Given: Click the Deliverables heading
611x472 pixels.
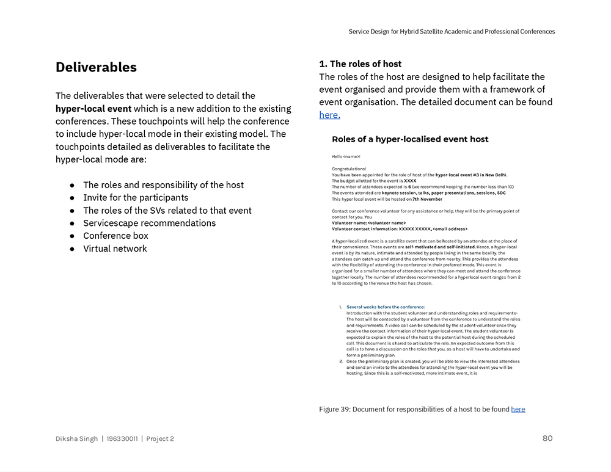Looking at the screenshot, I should [96, 67].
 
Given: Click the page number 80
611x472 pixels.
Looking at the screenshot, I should [547, 438].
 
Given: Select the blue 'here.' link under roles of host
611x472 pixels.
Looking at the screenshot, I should [329, 115].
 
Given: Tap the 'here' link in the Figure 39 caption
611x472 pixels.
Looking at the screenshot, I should [518, 409].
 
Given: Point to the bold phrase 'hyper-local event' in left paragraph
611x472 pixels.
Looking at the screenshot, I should [93, 109].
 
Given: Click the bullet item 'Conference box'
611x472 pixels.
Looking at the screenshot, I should [115, 236].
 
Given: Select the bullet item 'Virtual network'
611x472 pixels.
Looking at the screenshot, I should [115, 249].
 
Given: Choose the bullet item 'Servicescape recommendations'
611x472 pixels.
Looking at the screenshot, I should [149, 223].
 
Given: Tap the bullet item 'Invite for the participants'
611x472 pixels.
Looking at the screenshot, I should [136, 197].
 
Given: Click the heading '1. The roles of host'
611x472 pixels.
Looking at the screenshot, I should [360, 64].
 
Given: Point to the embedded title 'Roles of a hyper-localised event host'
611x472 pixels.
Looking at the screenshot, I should [410, 139].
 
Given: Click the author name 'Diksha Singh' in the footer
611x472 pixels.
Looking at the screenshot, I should [76, 438].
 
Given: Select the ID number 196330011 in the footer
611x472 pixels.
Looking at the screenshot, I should [122, 438].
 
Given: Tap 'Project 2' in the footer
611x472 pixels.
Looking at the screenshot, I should [159, 438].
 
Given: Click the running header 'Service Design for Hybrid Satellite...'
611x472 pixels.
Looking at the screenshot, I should [452, 32].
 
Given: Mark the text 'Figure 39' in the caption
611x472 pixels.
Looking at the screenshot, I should [334, 409].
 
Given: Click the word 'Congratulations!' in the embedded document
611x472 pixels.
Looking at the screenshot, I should [349, 169].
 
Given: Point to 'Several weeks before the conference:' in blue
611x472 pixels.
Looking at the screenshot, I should [386, 307].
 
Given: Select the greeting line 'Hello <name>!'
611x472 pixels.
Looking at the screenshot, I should [346, 157].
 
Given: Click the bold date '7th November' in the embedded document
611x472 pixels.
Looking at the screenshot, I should [427, 199].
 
